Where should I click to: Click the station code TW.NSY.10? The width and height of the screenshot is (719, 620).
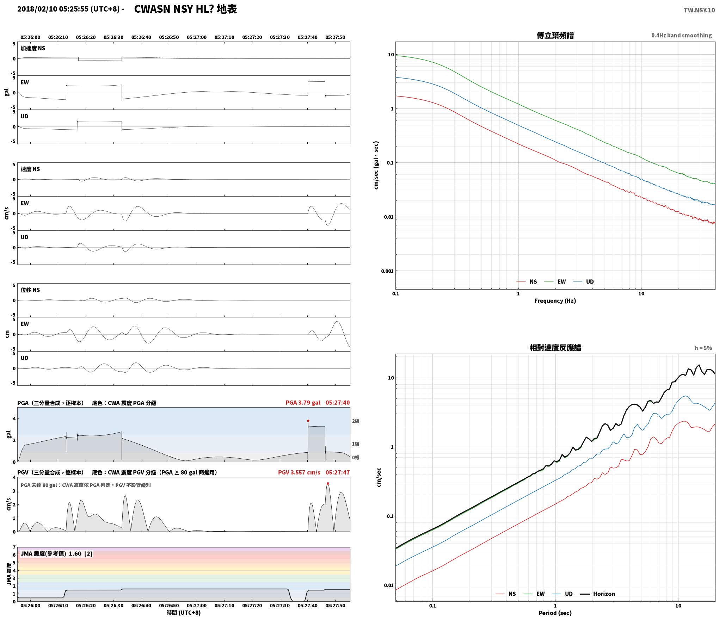[699, 10]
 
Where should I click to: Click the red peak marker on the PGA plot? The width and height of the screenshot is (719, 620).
[308, 421]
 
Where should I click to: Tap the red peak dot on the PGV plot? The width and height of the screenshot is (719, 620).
[328, 483]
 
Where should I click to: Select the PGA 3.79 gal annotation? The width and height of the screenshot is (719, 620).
[303, 403]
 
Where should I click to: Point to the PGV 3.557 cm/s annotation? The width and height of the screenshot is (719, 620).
[299, 472]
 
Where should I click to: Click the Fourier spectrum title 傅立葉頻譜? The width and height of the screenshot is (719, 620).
[555, 35]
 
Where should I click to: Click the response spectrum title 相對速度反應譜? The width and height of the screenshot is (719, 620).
[555, 348]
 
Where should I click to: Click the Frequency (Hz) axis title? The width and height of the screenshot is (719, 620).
[555, 301]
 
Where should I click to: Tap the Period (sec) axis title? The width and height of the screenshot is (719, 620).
[555, 613]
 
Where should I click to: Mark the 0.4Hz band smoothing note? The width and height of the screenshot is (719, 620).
[681, 36]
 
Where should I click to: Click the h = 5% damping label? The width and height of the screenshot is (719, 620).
[703, 348]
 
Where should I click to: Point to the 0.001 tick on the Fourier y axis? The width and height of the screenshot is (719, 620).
[387, 271]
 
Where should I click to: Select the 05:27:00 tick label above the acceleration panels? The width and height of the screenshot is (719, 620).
[197, 37]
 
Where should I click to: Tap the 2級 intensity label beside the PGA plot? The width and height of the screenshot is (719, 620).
[356, 421]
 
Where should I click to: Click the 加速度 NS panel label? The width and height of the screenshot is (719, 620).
[33, 48]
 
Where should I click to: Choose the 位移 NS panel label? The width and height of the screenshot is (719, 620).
[30, 290]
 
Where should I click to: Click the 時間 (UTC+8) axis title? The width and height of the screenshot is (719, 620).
[184, 613]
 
